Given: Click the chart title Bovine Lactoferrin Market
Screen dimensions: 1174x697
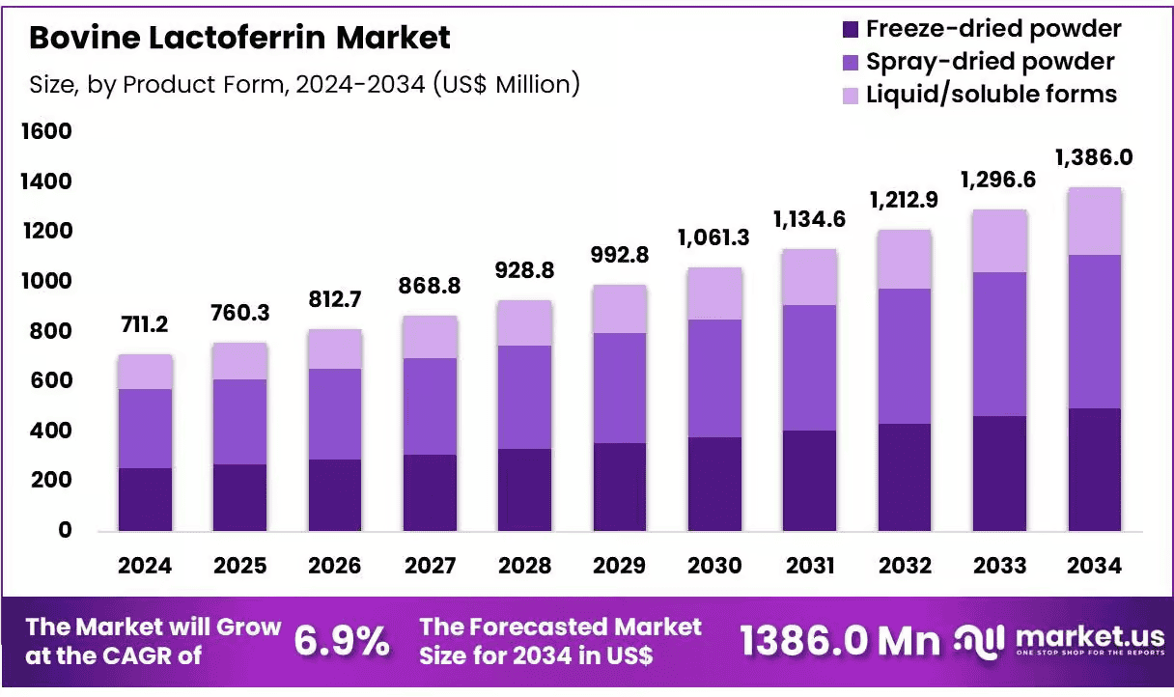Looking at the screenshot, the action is coord(239,38).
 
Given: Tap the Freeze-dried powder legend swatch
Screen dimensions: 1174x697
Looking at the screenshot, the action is coord(851,29).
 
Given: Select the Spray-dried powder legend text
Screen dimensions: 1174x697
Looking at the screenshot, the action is coord(990,62).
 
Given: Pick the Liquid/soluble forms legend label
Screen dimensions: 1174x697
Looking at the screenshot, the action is coord(992,95).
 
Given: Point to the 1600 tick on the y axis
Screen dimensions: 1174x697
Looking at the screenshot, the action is coord(46,131).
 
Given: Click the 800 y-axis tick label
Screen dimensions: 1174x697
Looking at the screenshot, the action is coord(50,331).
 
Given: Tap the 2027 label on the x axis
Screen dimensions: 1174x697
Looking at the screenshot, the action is coord(430,566).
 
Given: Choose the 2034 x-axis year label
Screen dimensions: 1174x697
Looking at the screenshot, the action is coord(1094,566).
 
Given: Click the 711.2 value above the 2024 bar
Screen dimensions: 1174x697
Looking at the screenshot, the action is coord(145,324).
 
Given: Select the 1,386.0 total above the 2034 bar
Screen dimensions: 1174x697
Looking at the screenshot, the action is coord(1094,157).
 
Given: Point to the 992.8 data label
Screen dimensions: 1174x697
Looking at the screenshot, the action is coord(620,255).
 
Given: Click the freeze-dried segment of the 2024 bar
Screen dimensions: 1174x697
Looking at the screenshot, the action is coord(145,499).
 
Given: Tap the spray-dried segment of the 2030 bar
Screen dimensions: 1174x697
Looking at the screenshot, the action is coord(714,378).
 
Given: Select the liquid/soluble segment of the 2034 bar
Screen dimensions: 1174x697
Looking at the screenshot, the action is coord(1095,221).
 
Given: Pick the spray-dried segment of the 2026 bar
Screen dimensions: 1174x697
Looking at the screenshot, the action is coord(335,414).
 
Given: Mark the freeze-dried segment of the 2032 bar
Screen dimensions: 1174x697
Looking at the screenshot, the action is coord(905,478).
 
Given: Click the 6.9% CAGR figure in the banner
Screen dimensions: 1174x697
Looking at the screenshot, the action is coord(342,641).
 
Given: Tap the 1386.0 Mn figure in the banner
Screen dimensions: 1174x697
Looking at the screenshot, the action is coord(840,641).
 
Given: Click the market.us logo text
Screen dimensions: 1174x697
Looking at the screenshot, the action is coord(1090,637).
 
